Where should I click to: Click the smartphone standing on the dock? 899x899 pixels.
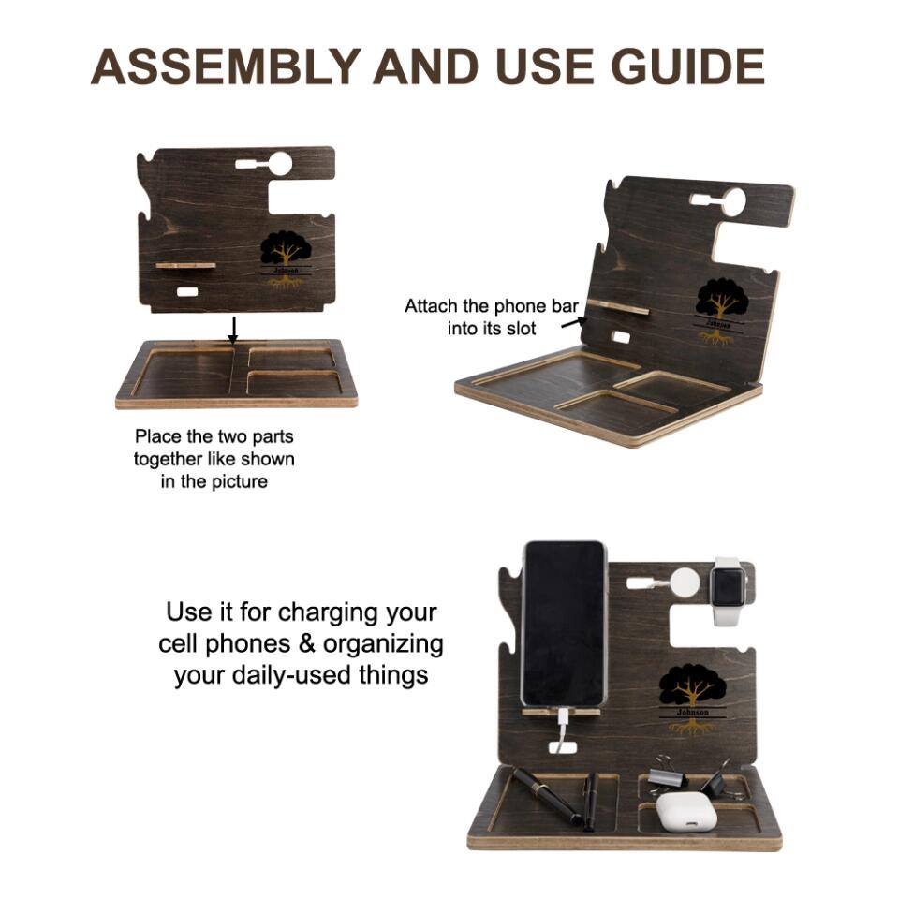click(564, 624)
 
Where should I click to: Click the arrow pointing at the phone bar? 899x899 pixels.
click(574, 323)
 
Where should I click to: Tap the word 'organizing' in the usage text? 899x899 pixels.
click(383, 644)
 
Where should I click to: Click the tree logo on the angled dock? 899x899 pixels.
click(719, 311)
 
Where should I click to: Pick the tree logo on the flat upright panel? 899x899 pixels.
click(287, 258)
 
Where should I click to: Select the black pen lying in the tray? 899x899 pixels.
click(546, 796)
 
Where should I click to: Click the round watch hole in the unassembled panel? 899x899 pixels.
click(280, 163)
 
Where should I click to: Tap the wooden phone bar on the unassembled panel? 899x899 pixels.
click(185, 265)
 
